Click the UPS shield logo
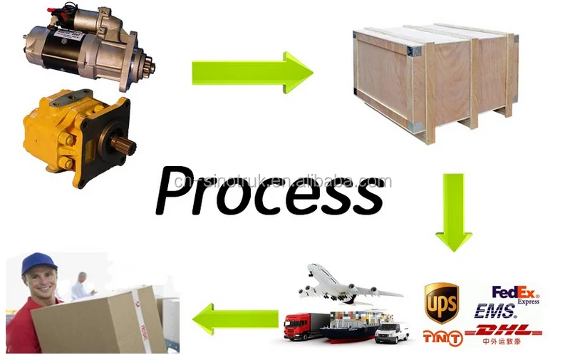click(441, 303)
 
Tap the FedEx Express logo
click(516, 294)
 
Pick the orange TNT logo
click(441, 336)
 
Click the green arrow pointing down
click(454, 212)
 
